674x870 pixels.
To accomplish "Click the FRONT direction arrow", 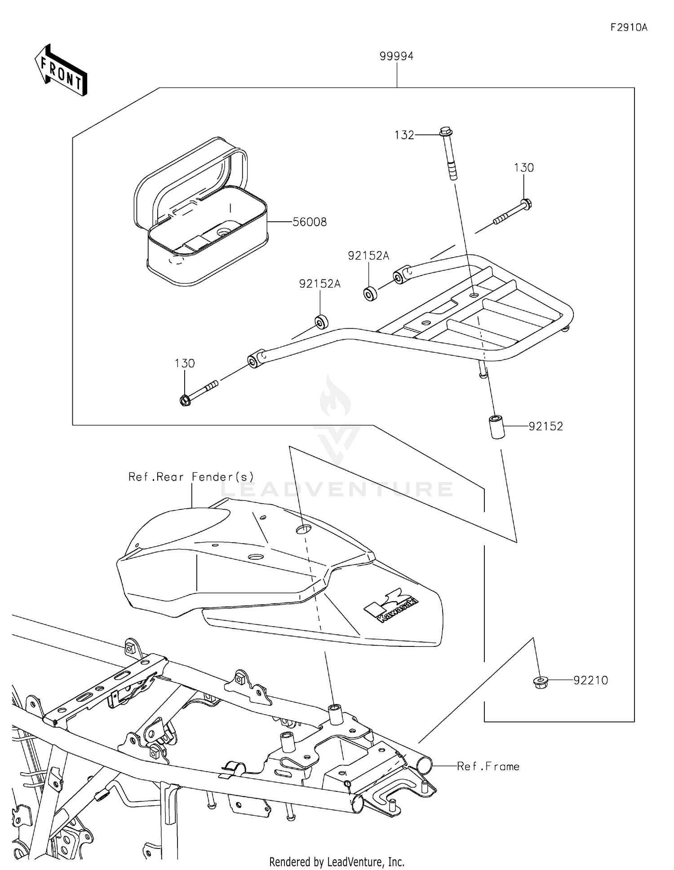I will (61, 70).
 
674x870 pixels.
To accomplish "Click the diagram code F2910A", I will (629, 27).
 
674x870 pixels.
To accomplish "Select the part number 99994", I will (396, 56).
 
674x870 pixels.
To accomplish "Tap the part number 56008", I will (310, 222).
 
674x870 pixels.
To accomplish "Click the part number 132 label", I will (404, 135).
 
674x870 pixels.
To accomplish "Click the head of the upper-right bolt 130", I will (528, 204).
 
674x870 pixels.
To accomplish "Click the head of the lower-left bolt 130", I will (185, 400).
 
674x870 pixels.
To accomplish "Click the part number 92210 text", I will (590, 681).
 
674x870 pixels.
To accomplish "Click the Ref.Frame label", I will (488, 766).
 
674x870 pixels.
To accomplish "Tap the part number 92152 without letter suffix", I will (545, 426).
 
